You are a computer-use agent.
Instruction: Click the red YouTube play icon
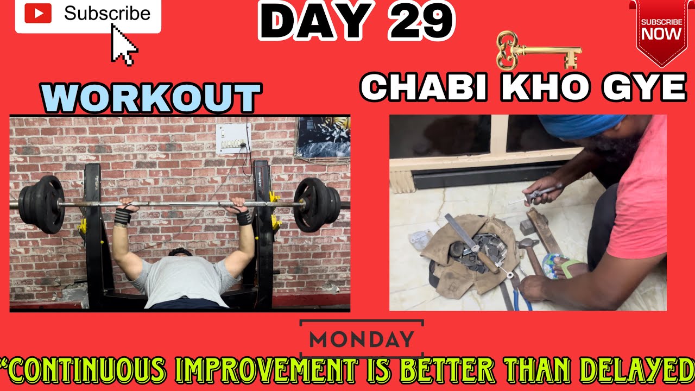(38, 14)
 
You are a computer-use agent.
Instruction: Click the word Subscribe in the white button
(107, 14)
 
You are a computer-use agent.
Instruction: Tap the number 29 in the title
(420, 22)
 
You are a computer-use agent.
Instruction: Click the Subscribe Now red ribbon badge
(661, 30)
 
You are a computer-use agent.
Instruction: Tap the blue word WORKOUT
(151, 98)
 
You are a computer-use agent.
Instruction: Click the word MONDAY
(362, 339)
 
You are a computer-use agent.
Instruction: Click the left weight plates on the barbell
(42, 204)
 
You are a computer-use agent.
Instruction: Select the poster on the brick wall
(324, 137)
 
